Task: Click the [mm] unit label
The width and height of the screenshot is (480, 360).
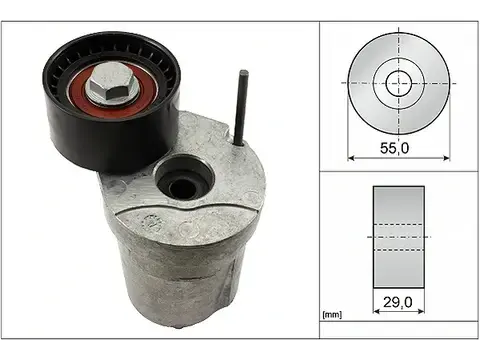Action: pos(333,316)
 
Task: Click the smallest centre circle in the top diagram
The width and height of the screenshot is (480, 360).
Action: pos(398,81)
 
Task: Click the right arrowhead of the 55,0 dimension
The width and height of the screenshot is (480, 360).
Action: pos(444,158)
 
